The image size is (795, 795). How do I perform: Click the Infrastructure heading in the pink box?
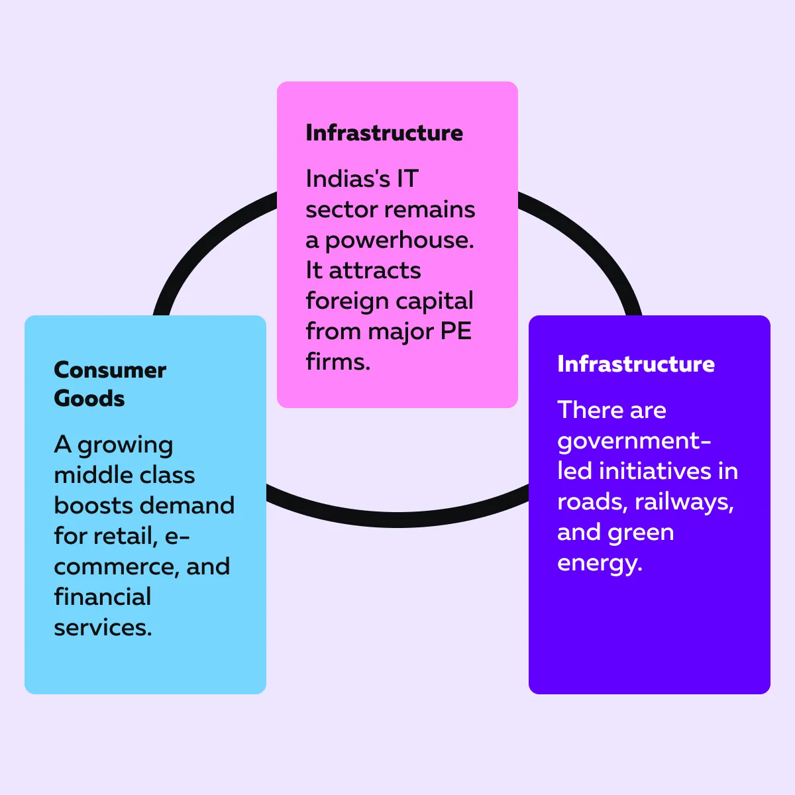384,133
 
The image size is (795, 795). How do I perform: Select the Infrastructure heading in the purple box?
636,364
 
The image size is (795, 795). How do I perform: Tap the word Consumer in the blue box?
110,370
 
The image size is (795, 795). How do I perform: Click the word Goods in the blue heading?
89,399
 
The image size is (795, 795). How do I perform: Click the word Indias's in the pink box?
348,179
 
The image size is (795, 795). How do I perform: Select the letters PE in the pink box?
456,331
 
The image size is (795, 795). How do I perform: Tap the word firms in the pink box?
338,362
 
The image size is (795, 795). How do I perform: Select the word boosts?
92,505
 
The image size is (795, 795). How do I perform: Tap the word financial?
103,597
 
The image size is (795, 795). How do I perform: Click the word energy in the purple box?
600,564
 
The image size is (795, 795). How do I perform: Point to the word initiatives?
655,471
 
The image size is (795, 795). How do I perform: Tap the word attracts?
375,271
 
